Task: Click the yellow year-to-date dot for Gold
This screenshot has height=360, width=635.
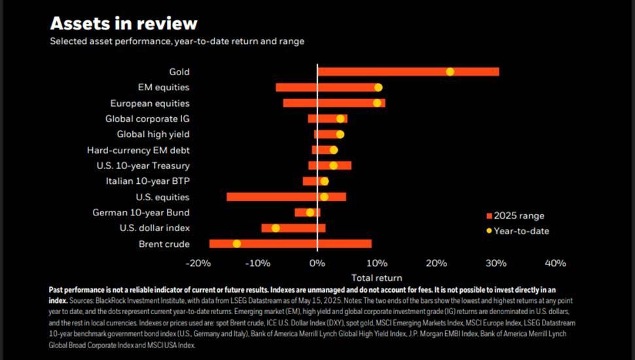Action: [450, 71]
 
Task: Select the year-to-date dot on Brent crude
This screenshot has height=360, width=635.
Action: [237, 243]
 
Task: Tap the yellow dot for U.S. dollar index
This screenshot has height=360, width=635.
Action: [276, 228]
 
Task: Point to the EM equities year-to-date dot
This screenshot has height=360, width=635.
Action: [378, 87]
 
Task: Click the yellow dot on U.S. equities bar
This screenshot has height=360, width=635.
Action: [324, 196]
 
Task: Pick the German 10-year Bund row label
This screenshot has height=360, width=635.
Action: [141, 213]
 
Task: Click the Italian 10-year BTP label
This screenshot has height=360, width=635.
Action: [147, 181]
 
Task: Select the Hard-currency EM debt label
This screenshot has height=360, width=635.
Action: [138, 150]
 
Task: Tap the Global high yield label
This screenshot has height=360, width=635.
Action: [153, 134]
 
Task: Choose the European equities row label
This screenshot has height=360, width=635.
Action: [149, 103]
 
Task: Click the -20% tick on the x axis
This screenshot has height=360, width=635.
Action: [198, 263]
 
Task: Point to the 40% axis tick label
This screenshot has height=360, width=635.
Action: [555, 263]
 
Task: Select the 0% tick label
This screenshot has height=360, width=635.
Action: [317, 263]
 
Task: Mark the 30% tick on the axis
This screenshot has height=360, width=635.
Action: [496, 263]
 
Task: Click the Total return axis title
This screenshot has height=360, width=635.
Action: [376, 278]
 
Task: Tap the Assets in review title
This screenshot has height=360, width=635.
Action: [124, 24]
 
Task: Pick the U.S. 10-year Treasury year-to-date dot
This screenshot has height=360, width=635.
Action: [334, 166]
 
